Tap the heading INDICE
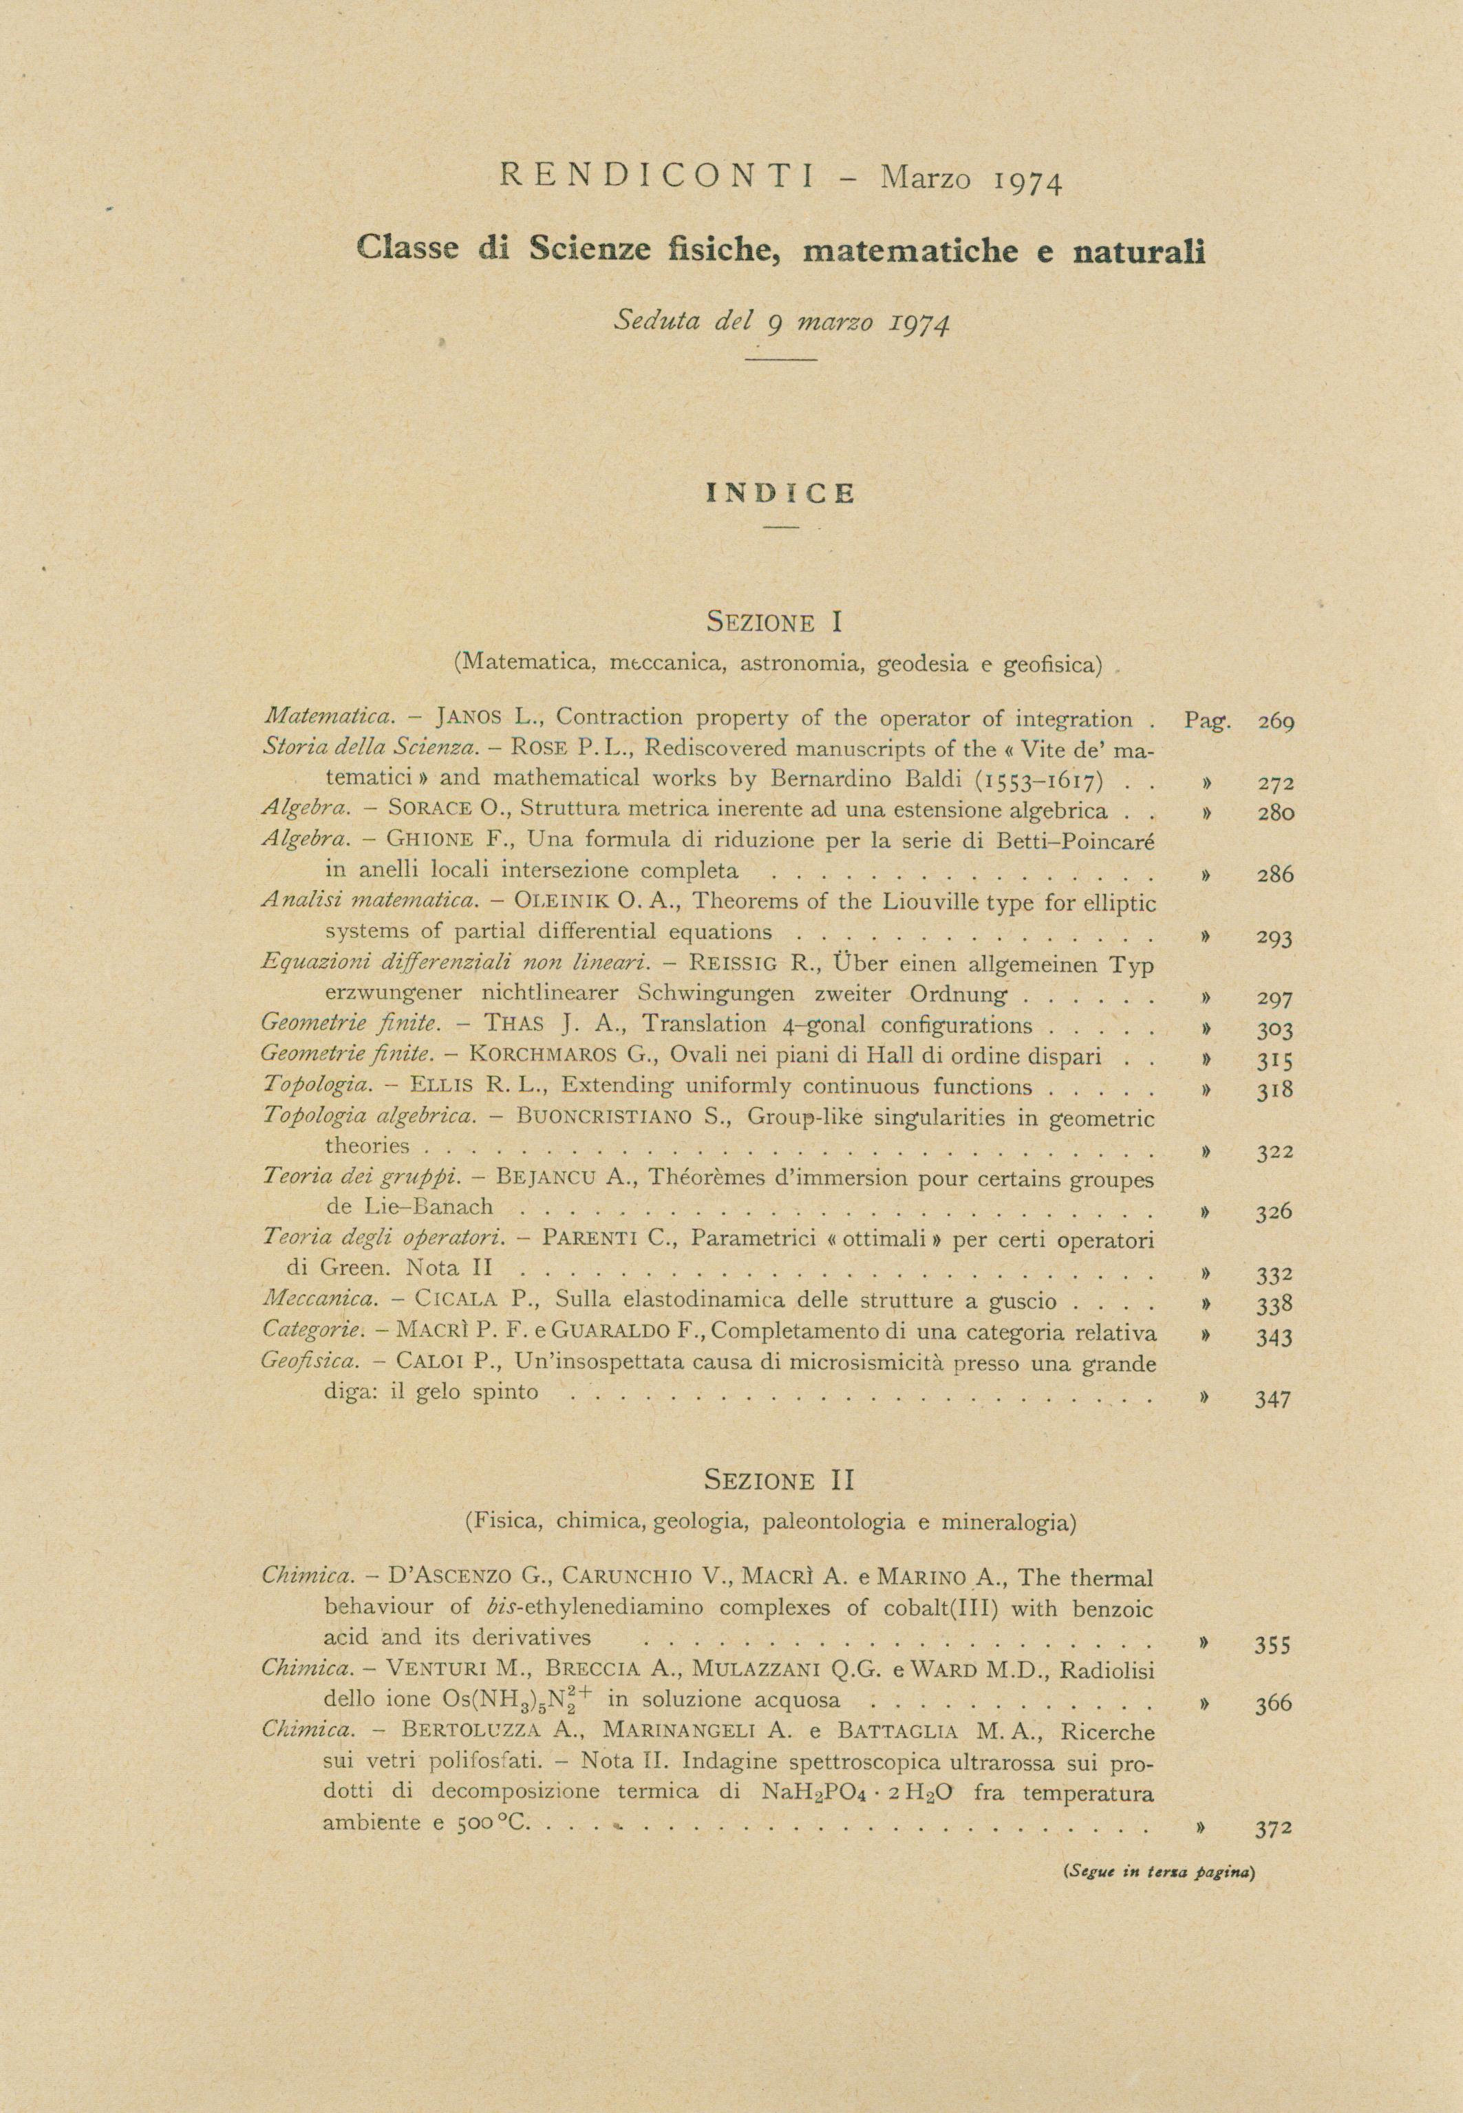pos(781,494)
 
